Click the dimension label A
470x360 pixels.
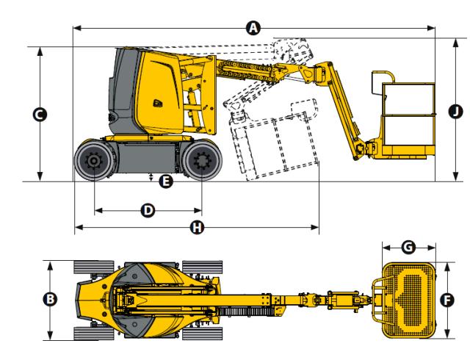click(253, 28)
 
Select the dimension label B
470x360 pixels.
click(50, 299)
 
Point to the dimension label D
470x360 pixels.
click(148, 210)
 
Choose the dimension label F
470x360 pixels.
click(445, 300)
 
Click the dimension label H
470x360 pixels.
click(196, 228)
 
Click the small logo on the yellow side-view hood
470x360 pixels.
click(157, 104)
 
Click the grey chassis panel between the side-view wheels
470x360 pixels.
click(148, 158)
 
